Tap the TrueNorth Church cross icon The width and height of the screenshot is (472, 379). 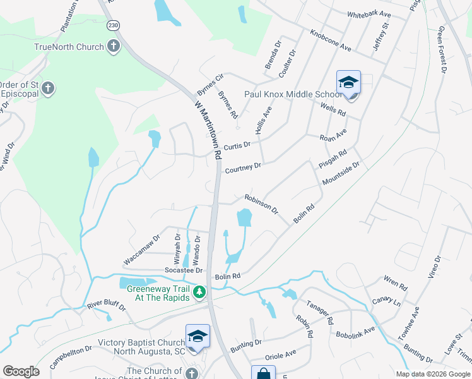(x=113, y=46)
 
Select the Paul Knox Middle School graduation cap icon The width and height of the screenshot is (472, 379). (x=348, y=83)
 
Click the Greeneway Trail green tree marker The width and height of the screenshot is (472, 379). (x=199, y=292)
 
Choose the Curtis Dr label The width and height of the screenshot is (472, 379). (x=237, y=145)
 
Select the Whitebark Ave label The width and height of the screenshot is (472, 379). (x=369, y=14)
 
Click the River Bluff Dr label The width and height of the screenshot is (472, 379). (x=107, y=305)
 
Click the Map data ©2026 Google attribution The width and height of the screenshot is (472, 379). (x=432, y=374)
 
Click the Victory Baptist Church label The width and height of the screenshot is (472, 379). (x=140, y=344)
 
